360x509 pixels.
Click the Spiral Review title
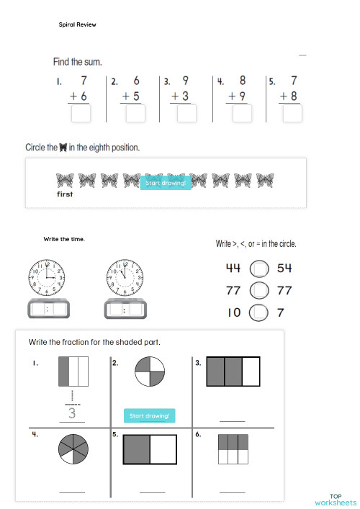pos(77,24)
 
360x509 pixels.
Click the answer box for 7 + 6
pos(81,114)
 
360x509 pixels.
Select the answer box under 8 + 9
pos(242,114)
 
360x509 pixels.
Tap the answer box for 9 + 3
pos(186,114)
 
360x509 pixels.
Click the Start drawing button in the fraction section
pos(150,415)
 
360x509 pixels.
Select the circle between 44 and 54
pos(259,269)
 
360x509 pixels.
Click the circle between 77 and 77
pos(259,290)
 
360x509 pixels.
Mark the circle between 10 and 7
pos(259,312)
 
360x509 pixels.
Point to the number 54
pos(284,269)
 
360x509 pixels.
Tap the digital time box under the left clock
pos(48,310)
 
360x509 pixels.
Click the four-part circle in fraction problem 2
pos(150,373)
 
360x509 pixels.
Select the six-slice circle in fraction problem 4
pos(73,449)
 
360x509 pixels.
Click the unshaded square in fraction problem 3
pos(250,372)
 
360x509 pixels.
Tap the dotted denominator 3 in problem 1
pos(72,413)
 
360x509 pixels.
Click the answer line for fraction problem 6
pos(232,492)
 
